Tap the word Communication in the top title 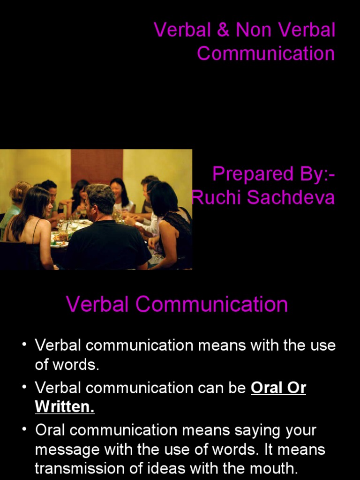266,53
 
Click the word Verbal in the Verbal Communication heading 97,305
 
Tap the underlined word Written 65,407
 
